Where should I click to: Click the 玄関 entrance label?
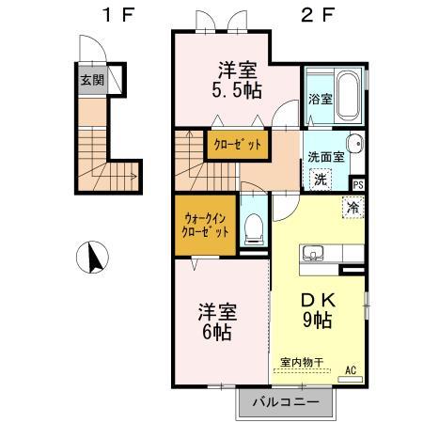point(92,80)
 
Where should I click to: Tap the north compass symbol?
point(92,257)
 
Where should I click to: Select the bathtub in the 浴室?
point(348,97)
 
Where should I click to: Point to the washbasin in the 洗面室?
point(355,145)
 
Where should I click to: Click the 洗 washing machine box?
point(321,180)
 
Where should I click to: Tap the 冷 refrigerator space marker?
point(352,207)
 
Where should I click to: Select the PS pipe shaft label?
point(358,184)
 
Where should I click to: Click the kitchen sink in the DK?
point(312,253)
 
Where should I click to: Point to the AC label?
point(351,370)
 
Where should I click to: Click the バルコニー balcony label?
point(286,401)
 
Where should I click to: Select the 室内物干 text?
point(302,363)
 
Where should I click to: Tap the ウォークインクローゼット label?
point(205,225)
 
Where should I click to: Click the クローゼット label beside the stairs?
point(237,145)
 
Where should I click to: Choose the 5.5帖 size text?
point(237,91)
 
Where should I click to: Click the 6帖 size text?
point(217,332)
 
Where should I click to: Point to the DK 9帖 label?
point(318,311)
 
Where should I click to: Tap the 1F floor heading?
point(118,14)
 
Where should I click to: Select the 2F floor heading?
point(318,14)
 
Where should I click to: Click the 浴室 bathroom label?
point(321,100)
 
